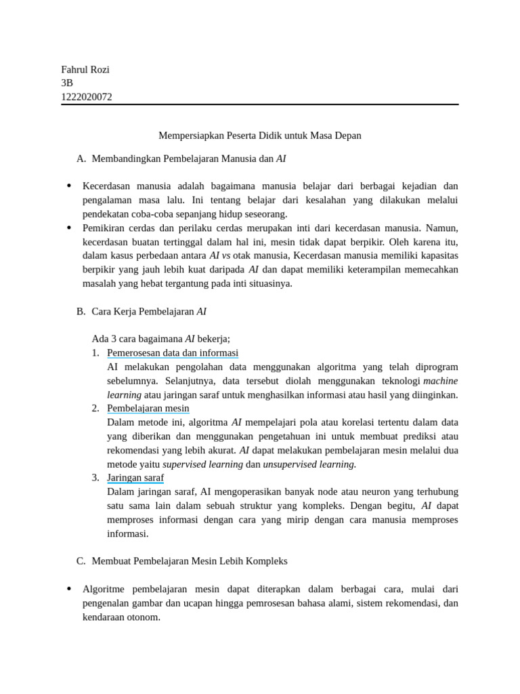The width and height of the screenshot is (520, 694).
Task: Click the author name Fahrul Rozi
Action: tap(85, 69)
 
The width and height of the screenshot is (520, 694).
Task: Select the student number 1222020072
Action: tap(87, 96)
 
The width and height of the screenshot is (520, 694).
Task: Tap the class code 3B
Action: tap(67, 83)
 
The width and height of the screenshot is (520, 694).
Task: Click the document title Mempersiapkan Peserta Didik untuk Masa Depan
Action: tap(260, 136)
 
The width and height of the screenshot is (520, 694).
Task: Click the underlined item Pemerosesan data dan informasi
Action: tap(173, 353)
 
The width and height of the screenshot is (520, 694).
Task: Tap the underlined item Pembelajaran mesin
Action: tap(148, 408)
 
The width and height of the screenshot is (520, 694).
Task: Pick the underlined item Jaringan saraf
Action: tap(135, 477)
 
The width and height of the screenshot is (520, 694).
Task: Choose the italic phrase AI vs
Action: tap(220, 256)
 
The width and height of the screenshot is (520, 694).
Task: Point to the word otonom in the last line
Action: tap(144, 617)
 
